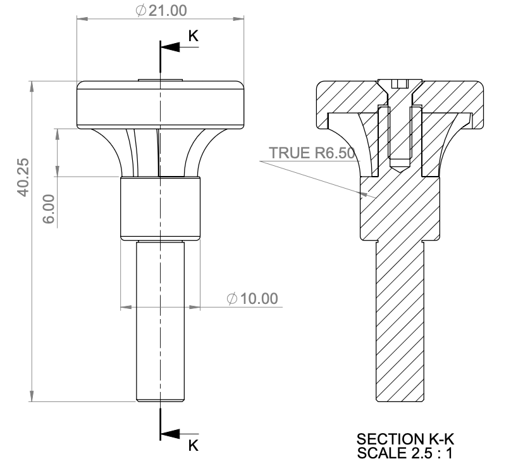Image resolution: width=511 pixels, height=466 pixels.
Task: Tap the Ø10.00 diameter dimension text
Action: click(252, 298)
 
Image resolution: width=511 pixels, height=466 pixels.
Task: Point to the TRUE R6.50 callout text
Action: click(312, 153)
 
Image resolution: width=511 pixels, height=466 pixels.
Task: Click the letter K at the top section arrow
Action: click(194, 37)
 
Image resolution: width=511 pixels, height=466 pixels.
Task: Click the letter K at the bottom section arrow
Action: click(194, 445)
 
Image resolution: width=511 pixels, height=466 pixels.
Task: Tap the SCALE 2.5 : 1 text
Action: click(405, 453)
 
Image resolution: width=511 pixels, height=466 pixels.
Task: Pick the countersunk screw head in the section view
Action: click(399, 85)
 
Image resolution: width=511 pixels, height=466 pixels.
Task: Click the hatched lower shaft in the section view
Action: click(399, 323)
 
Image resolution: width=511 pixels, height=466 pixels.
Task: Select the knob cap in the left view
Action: click(160, 105)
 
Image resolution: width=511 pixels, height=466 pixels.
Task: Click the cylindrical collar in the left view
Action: click(160, 208)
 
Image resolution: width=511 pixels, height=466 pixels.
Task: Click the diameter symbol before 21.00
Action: click(140, 11)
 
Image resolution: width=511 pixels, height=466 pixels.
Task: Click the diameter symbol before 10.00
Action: click(232, 298)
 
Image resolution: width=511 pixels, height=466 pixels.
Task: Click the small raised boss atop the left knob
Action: click(160, 80)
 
